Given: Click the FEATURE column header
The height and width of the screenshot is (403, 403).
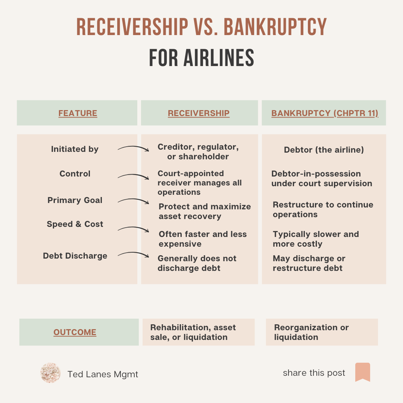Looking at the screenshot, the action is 78,113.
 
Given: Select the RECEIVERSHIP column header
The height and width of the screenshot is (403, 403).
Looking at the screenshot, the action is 199,113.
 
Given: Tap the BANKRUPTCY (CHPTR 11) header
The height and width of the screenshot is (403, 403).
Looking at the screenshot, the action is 325,113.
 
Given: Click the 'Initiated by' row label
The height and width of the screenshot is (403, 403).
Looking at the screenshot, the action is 75,149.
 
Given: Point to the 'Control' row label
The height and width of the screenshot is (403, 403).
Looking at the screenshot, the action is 75,174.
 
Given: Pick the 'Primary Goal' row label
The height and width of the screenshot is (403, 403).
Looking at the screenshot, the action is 75,200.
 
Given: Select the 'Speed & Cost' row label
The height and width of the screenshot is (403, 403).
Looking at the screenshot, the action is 75,224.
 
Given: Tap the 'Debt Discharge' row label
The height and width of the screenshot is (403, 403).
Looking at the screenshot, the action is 75,256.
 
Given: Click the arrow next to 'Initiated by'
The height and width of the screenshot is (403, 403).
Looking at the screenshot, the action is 133,149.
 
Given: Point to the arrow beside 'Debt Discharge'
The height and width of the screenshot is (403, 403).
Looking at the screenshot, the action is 133,255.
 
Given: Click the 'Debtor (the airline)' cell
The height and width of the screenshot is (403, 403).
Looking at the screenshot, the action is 324,150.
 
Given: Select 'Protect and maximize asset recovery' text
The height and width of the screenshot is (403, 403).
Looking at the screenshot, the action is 204,212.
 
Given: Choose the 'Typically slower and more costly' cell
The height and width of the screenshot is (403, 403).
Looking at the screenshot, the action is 316,239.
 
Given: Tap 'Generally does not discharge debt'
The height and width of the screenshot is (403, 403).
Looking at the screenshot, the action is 197,263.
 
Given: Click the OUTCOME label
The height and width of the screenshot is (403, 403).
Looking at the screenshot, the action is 75,332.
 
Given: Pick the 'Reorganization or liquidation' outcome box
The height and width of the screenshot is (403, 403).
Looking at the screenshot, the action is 322,332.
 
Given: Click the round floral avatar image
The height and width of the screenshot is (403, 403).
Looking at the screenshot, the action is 50,373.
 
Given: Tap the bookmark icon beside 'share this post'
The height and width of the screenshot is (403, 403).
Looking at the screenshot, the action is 362,372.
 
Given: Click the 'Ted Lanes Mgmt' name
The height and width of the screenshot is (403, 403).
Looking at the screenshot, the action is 103,374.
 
